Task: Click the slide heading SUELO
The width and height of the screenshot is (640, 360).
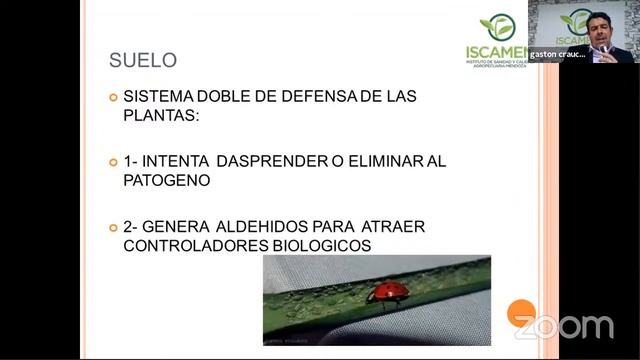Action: click(x=143, y=61)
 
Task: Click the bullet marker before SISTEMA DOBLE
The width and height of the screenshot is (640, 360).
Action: click(x=113, y=97)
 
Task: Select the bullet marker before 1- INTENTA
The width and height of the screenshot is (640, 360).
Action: click(x=113, y=162)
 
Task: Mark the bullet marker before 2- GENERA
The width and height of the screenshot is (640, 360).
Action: click(x=113, y=227)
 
